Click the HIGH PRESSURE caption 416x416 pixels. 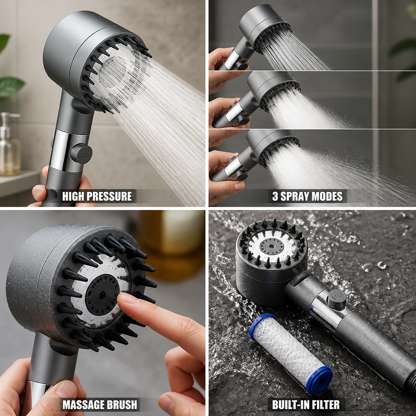(97, 196)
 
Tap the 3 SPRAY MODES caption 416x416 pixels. (307, 196)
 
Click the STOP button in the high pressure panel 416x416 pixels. (81, 154)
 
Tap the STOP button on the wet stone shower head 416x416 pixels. (336, 299)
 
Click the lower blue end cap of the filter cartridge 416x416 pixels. (319, 380)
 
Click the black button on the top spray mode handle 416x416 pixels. (241, 65)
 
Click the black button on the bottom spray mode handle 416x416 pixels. (241, 175)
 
